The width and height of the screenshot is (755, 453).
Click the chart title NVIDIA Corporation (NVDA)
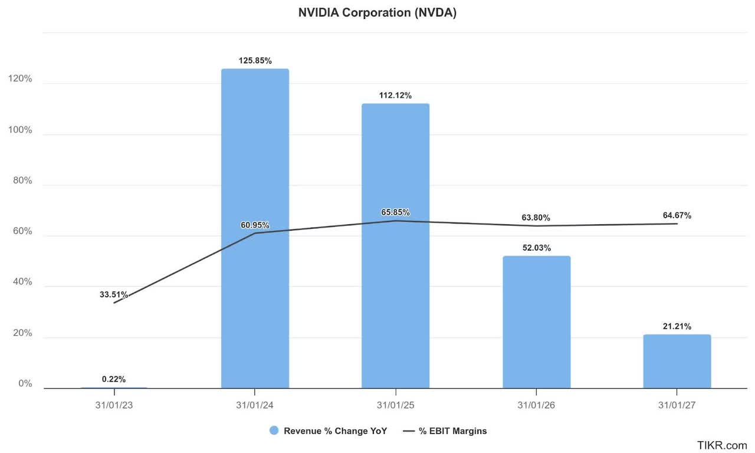tap(377, 13)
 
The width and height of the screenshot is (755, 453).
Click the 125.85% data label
tap(255, 61)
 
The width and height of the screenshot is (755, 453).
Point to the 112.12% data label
tap(395, 96)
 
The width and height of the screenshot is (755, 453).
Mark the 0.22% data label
tap(114, 379)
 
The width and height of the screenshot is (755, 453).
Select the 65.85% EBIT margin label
tap(395, 212)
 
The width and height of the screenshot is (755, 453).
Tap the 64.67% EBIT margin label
tap(677, 216)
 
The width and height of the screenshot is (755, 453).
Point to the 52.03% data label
tap(536, 248)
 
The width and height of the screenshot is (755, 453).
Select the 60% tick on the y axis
tap(22, 232)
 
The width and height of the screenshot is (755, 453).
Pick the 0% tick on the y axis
tap(25, 384)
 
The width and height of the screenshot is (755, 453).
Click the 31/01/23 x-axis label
tap(114, 405)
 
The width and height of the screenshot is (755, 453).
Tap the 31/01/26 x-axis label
tap(536, 405)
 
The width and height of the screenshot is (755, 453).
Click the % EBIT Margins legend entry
tap(445, 431)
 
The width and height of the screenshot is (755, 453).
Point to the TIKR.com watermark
tap(722, 445)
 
